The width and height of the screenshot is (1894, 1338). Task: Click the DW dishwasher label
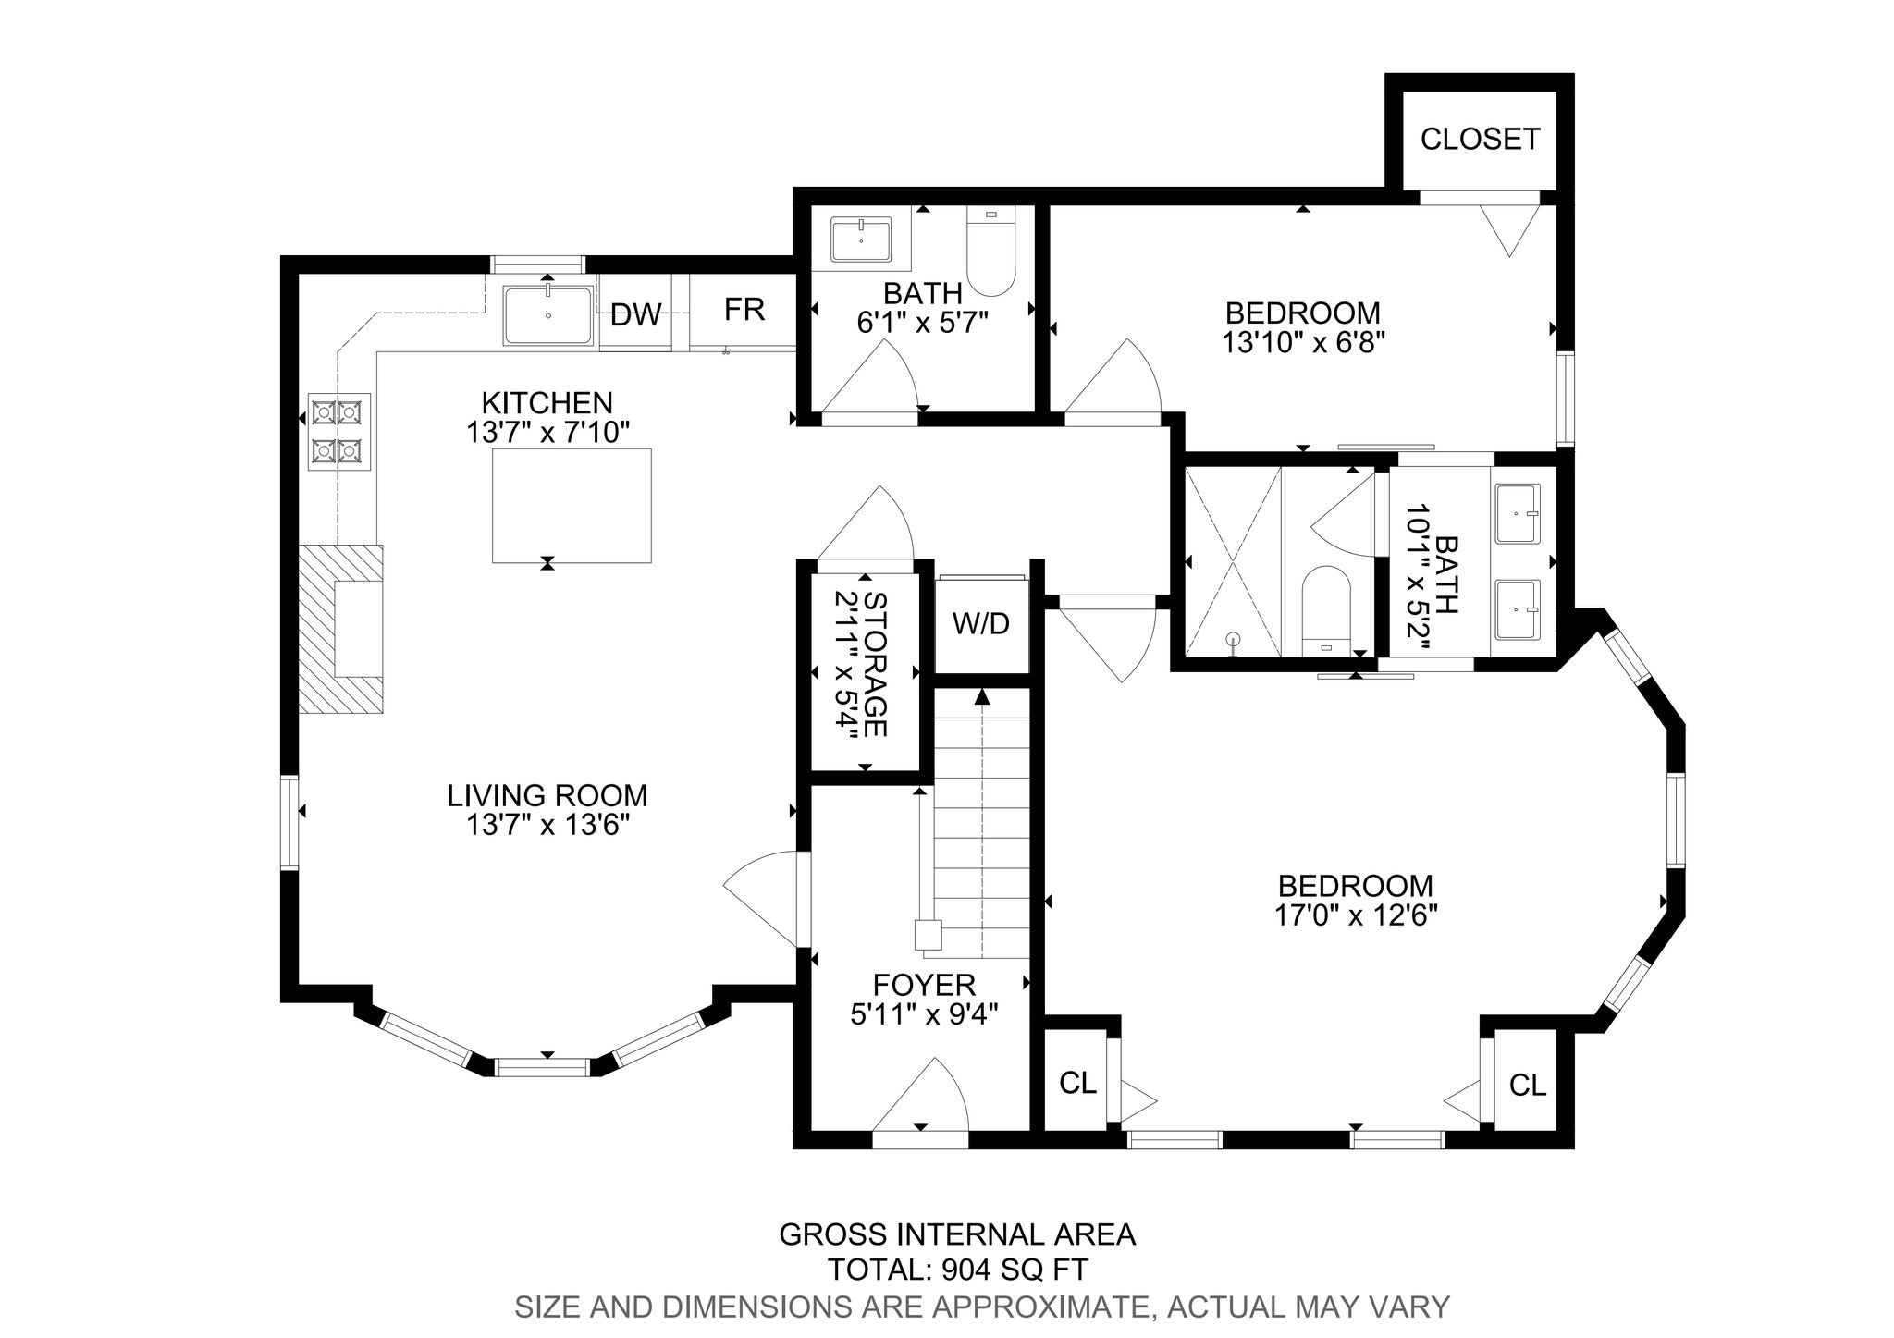tap(636, 315)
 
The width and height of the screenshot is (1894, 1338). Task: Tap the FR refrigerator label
tap(744, 310)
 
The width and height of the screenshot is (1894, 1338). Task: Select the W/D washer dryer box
tap(981, 624)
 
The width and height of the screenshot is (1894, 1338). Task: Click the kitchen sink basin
tap(548, 315)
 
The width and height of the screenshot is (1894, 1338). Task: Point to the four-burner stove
tap(338, 430)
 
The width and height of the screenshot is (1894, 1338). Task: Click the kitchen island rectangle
tap(572, 505)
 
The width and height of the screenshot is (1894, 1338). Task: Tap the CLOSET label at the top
tap(1480, 139)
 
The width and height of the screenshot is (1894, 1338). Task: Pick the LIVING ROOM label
tap(547, 795)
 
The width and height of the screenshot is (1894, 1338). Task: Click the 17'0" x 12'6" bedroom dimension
tap(1356, 915)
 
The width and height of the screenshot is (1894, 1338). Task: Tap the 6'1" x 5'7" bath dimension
tap(923, 322)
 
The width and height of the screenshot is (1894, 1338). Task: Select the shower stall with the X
tap(1233, 562)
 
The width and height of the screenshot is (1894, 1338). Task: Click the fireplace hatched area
tap(340, 629)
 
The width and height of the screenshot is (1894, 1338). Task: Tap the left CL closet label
tap(1077, 1083)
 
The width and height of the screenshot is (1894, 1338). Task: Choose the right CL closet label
tap(1527, 1085)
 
